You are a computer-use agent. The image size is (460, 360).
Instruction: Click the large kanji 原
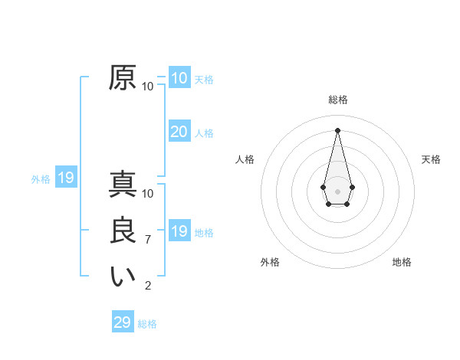coord(123,78)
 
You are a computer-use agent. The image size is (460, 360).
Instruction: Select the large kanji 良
coord(123,231)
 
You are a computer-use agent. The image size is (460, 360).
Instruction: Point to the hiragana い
coord(123,277)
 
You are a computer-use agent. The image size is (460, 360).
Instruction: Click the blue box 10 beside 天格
coord(179,78)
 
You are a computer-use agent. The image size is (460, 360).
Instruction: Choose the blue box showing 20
coord(179,132)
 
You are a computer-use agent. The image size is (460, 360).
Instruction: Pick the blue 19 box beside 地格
coord(179,231)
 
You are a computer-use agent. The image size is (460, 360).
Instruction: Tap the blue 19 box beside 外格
coord(66,178)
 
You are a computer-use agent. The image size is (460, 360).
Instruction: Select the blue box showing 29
coord(123,322)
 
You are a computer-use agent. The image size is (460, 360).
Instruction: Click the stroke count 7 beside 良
coord(148,240)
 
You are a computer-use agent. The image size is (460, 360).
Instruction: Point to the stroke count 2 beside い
coord(148,286)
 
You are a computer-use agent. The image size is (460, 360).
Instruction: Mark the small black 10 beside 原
coord(148,87)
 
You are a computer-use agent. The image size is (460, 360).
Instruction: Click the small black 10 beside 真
coord(148,194)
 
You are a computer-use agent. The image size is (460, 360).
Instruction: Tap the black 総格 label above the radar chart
coord(338,100)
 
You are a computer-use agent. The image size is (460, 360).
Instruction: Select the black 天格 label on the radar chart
coord(431,159)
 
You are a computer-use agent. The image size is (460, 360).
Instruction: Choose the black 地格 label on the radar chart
coord(402,262)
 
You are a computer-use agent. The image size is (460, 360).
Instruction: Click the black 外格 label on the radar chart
coord(270,262)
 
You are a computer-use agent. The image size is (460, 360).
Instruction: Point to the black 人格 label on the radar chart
coord(245,159)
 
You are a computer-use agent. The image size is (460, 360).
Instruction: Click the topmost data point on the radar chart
coord(338,129)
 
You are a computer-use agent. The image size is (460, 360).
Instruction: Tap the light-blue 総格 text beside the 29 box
coord(147,324)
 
